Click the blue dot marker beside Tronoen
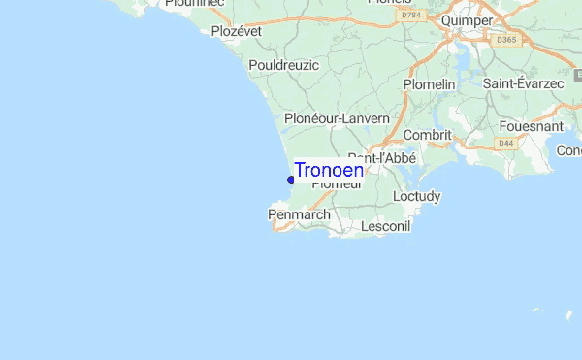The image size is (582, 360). click(x=291, y=180)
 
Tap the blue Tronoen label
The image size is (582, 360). click(x=329, y=170)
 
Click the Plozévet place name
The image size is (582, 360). click(x=239, y=31)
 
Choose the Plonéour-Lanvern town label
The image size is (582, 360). click(x=337, y=118)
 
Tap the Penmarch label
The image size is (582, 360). click(x=299, y=213)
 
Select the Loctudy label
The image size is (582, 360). click(x=417, y=196)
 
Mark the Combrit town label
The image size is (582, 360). click(x=427, y=135)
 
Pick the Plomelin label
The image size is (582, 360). click(x=429, y=84)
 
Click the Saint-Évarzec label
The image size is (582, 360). click(x=524, y=84)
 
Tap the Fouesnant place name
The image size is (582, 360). click(x=532, y=126)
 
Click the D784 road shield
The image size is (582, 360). click(x=411, y=16)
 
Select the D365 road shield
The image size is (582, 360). click(x=506, y=40)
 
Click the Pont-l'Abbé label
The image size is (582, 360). click(x=382, y=157)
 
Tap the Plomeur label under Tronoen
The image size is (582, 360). click(x=337, y=184)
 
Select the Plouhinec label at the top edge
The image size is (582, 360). click(x=194, y=4)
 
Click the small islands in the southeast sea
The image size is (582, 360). click(x=553, y=313)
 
